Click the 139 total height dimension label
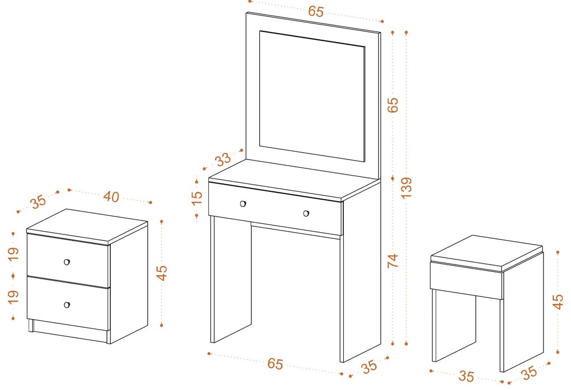click(x=406, y=188)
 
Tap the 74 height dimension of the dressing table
click(x=393, y=261)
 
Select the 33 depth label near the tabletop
click(x=223, y=159)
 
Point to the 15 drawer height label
click(x=196, y=198)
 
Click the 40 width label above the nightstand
click(x=111, y=196)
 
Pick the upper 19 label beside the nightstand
click(x=13, y=253)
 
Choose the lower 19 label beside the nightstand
click(x=13, y=297)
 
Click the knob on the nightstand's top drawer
click(x=67, y=262)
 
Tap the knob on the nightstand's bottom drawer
click(x=67, y=305)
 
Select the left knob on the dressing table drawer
click(x=243, y=204)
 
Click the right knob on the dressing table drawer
click(x=306, y=213)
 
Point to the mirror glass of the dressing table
click(x=312, y=96)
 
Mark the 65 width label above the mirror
click(x=316, y=11)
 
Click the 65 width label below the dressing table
click(x=275, y=363)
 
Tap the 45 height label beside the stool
click(x=558, y=302)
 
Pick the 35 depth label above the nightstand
click(x=38, y=201)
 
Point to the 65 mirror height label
click(x=393, y=105)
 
